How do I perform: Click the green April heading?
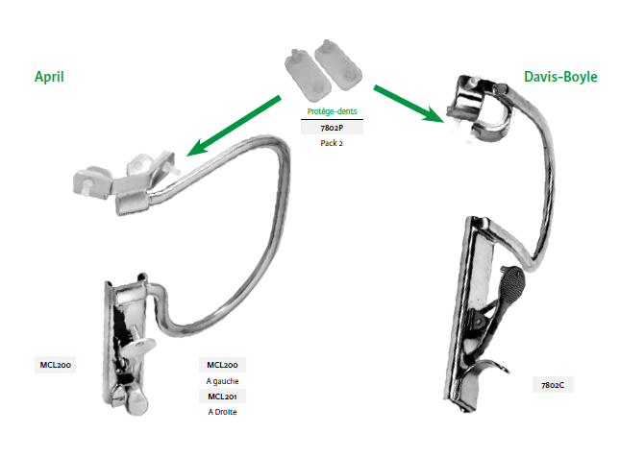(x=49, y=77)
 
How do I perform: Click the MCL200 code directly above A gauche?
(x=222, y=365)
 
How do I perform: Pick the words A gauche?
(x=222, y=380)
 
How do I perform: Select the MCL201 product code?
(x=222, y=397)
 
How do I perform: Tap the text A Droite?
(x=222, y=412)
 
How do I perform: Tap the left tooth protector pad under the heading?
(x=302, y=71)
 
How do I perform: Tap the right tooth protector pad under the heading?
(x=340, y=72)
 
